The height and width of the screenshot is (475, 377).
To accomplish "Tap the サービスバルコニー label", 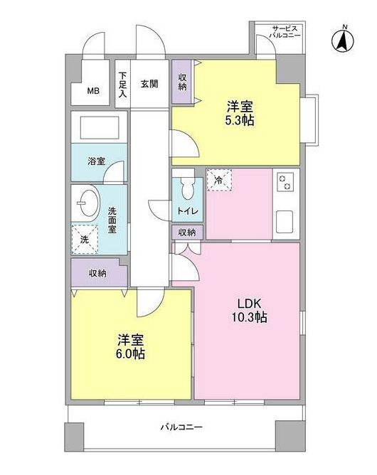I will (x=286, y=31).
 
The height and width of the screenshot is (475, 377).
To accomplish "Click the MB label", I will (x=93, y=91).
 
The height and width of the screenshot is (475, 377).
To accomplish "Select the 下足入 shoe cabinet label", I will (x=122, y=83).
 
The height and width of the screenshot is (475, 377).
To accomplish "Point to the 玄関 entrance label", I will (x=149, y=83).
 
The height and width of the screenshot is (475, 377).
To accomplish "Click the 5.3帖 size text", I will (x=239, y=120).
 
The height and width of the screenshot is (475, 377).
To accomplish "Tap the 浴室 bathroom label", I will (x=95, y=161).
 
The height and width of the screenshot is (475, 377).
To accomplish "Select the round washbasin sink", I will (x=89, y=205).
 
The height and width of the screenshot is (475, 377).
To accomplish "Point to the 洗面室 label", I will (x=112, y=220).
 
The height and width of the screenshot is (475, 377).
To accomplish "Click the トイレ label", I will (x=187, y=211).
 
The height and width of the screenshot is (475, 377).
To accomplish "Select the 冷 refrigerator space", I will (x=218, y=181).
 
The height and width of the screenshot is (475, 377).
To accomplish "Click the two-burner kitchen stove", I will (x=285, y=182).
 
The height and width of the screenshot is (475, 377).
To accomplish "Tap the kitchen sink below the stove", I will (x=285, y=221).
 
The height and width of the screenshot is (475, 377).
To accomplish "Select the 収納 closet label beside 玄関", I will (x=181, y=82).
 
